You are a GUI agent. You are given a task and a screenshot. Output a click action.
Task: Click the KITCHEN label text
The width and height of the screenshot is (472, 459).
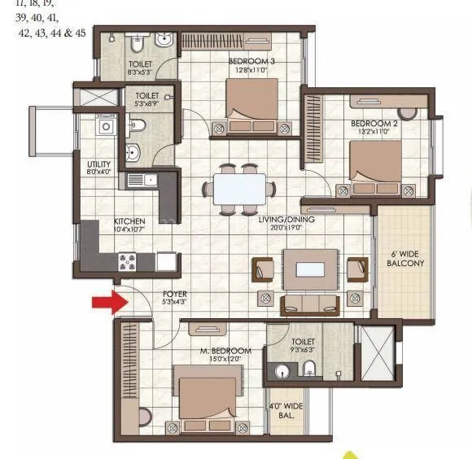click(x=129, y=221)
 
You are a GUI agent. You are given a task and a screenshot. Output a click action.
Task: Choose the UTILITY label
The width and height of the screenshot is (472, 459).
click(x=98, y=163)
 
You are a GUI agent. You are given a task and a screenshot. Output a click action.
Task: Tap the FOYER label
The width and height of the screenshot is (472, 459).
click(x=174, y=294)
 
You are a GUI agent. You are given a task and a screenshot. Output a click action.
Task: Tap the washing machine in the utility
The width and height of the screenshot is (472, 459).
click(x=106, y=127)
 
